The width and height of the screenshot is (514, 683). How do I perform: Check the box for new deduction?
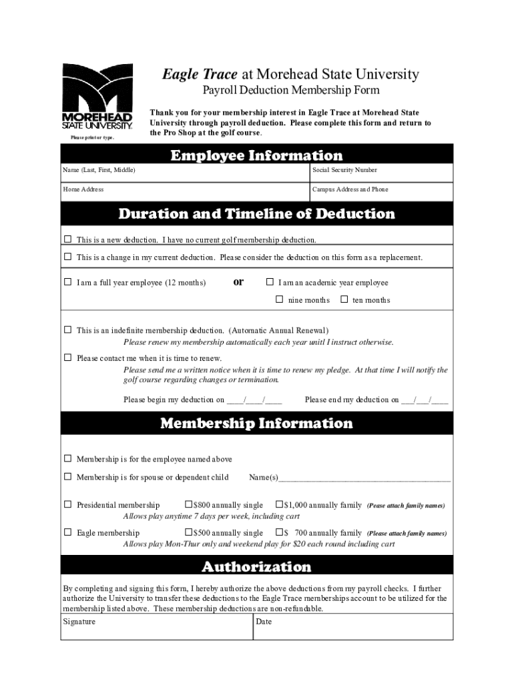tap(67, 239)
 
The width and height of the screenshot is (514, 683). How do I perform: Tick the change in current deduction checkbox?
tap(67, 257)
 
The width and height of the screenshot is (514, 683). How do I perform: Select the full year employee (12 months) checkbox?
tap(67, 282)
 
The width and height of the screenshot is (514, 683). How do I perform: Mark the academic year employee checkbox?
tap(270, 282)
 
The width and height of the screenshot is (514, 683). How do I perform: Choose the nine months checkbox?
tap(280, 299)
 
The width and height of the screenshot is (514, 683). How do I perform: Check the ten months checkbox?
tap(344, 299)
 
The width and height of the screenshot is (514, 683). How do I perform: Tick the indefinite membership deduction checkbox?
tap(67, 329)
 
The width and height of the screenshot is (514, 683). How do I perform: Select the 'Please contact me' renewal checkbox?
tap(67, 358)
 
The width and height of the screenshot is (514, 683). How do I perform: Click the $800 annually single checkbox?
tap(188, 505)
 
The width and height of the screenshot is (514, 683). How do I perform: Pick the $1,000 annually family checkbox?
tap(279, 505)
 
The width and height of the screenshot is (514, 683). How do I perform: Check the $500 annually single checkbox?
tap(188, 532)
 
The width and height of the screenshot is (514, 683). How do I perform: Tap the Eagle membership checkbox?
tap(67, 532)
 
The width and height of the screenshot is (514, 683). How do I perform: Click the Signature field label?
tap(79, 622)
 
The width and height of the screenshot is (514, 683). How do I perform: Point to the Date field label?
tap(264, 622)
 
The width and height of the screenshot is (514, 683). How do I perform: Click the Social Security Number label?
tap(344, 171)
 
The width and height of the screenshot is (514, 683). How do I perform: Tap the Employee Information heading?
tap(256, 155)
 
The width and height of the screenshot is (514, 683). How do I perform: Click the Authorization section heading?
tap(256, 567)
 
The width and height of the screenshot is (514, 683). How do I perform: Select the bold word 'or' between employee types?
tap(238, 281)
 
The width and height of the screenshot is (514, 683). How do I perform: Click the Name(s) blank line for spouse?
tap(364, 478)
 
